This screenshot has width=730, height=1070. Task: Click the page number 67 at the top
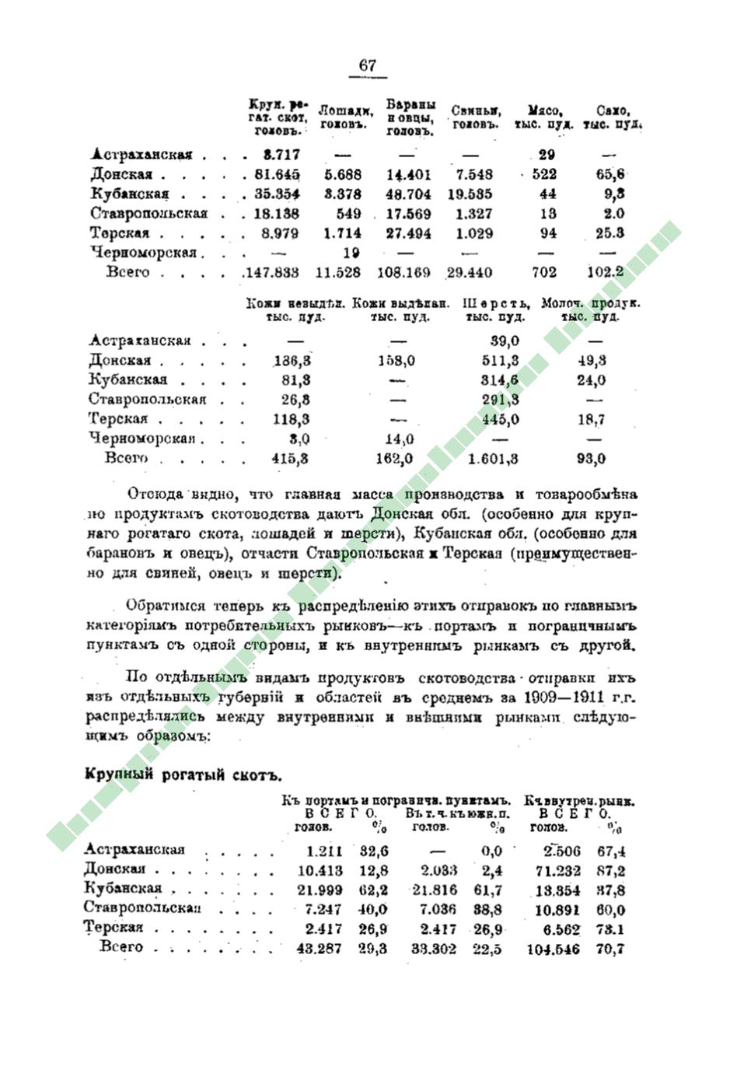point(367,66)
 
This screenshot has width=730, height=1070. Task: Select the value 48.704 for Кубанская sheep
point(408,194)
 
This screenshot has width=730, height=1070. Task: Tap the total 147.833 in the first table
point(272,272)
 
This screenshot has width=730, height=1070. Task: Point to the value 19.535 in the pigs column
point(470,194)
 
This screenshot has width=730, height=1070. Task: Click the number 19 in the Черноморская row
point(351,253)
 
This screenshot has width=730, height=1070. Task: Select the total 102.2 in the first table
point(606,272)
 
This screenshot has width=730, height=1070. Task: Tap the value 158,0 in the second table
point(397,361)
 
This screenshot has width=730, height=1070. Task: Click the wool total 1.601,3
point(494,459)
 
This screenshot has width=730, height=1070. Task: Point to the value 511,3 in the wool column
point(501,361)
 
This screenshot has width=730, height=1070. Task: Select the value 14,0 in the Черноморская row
point(398,439)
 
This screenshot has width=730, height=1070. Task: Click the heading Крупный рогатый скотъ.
point(182,775)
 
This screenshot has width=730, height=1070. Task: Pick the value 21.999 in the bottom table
point(320,890)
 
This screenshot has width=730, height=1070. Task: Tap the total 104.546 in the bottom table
point(553,949)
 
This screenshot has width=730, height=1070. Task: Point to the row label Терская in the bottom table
point(114,928)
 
